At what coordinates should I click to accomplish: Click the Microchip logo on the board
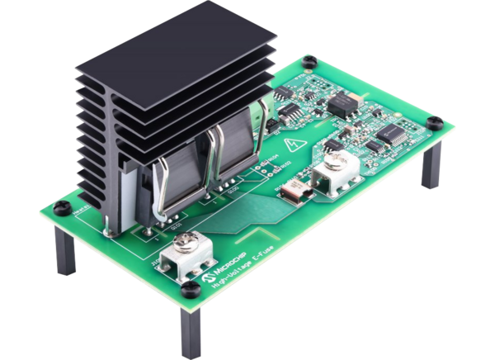216,271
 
